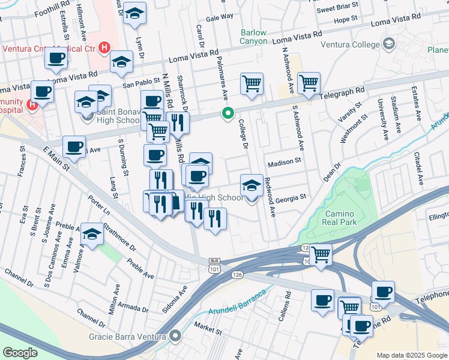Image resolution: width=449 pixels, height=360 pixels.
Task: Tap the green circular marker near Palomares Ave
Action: click(228, 113)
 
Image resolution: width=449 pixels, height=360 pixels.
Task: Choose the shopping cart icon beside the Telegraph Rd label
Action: click(309, 83)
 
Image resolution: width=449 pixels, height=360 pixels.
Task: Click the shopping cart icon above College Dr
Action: click(252, 83)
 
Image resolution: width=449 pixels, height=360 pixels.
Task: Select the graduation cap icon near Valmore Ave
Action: click(92, 234)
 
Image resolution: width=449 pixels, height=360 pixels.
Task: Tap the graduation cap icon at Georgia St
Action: click(252, 184)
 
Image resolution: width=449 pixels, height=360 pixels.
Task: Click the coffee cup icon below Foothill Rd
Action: click(56, 58)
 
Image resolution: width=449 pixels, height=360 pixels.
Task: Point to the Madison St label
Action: click(284, 163)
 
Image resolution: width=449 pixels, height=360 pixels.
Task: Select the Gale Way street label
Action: click(219, 17)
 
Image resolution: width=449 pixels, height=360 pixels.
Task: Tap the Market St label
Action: click(208, 325)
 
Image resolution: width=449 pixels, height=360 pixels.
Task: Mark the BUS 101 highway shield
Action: click(214, 265)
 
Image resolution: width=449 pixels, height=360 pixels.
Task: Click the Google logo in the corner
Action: click(20, 353)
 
